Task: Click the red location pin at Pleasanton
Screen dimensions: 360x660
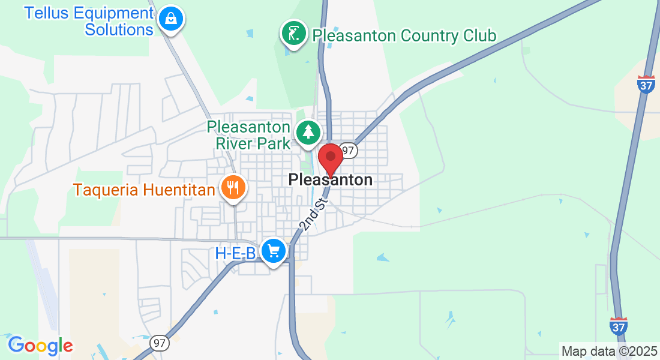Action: coord(330,158)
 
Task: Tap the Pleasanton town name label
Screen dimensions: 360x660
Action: coord(330,179)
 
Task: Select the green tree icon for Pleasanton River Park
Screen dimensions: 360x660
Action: coord(308,131)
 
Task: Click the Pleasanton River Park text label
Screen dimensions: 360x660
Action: coord(248,135)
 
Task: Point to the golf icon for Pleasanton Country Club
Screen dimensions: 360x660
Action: coord(294,33)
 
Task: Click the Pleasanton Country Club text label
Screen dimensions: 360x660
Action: coord(404,36)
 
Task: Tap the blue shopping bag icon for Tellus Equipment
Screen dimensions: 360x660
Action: coord(171,19)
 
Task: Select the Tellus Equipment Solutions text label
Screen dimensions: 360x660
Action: coord(89,21)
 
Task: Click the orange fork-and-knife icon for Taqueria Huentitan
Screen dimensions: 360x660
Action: coord(232,188)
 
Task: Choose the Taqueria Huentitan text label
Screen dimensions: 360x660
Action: coord(144,190)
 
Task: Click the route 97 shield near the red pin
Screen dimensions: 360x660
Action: coord(349,150)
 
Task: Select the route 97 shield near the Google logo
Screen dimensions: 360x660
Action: coord(160,343)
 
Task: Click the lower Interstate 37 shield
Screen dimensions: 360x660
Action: coord(619,326)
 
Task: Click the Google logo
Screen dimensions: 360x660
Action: coord(40,346)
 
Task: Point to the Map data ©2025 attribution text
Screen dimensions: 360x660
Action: coord(609,352)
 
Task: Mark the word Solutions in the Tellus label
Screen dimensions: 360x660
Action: coord(119,29)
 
